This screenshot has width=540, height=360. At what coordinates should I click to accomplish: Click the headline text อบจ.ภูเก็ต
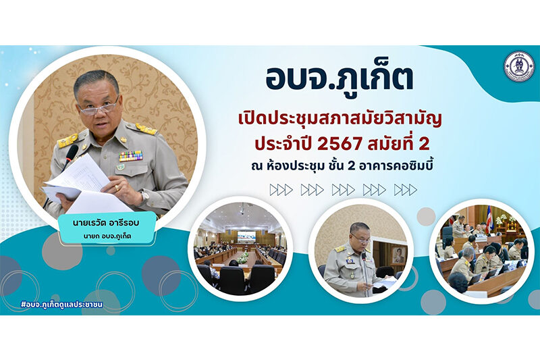[339, 79]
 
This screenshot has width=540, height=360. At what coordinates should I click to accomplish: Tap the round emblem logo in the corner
[519, 66]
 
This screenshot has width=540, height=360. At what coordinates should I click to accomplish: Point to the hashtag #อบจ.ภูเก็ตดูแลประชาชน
[62, 305]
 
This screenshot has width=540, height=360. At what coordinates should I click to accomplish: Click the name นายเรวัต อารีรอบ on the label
[106, 224]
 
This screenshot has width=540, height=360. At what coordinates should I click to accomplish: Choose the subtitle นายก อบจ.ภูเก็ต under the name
[107, 236]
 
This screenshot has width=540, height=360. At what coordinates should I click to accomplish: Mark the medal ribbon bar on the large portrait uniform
[131, 156]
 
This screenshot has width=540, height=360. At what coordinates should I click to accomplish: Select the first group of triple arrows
[281, 190]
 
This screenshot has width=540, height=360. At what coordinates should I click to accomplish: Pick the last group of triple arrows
[406, 190]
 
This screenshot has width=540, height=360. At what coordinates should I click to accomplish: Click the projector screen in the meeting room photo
[246, 236]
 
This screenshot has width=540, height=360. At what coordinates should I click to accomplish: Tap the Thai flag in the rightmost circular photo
[489, 219]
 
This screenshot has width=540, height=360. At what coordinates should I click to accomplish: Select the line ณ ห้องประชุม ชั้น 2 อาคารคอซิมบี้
[342, 166]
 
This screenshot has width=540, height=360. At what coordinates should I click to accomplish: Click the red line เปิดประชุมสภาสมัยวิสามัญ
[340, 120]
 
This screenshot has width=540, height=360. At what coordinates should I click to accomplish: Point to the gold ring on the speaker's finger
[117, 188]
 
